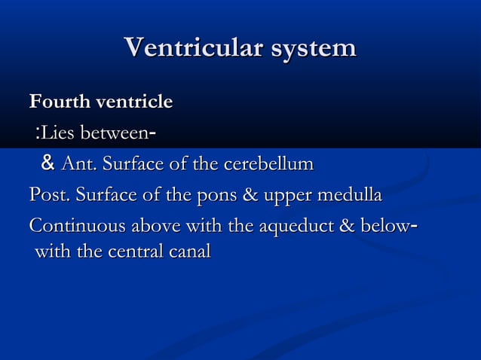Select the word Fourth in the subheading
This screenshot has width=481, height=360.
57,101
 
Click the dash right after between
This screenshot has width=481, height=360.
153,133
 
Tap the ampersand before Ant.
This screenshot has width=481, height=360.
48,163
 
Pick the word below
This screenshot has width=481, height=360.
386,227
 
